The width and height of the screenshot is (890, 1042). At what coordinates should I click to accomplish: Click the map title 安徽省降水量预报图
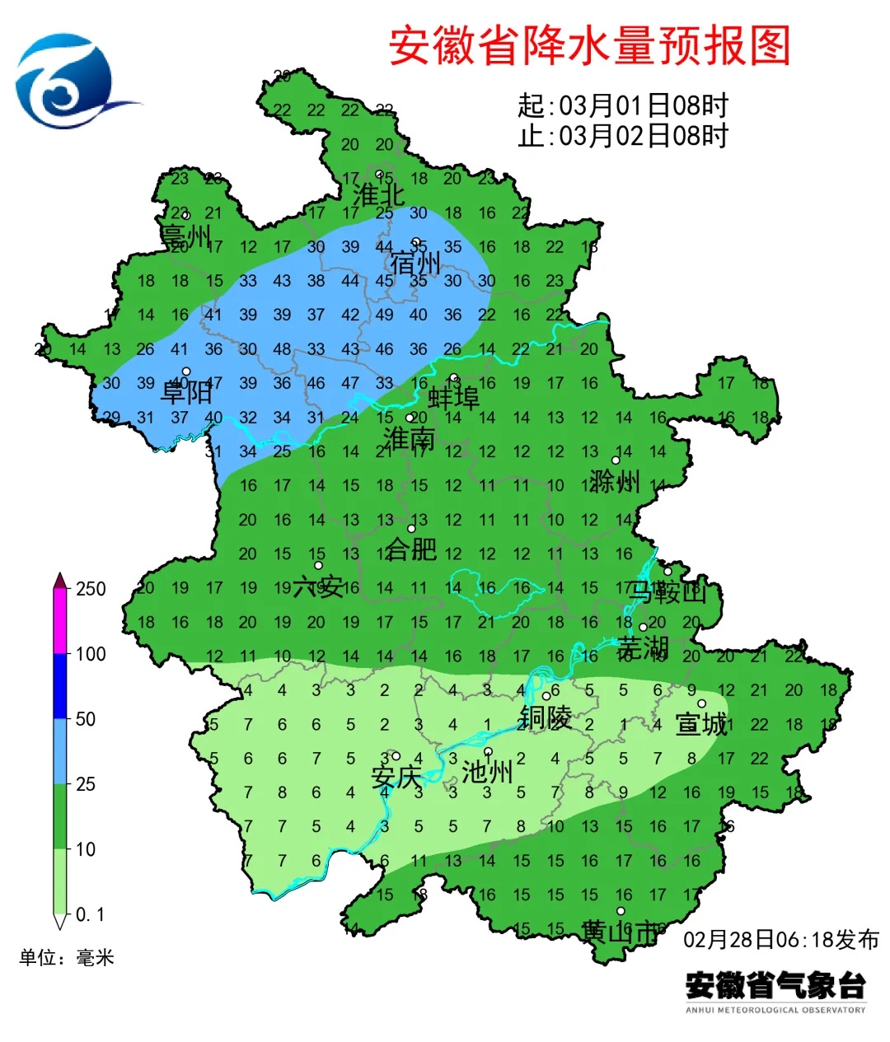pos(589,45)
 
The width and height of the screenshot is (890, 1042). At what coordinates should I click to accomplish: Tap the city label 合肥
pos(411,549)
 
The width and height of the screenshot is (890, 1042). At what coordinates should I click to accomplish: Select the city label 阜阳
pos(186,392)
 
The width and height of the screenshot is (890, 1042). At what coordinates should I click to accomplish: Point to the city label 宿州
pos(415,264)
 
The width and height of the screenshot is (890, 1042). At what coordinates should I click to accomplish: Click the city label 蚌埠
pos(454,398)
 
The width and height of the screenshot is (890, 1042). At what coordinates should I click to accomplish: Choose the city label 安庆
pos(396,777)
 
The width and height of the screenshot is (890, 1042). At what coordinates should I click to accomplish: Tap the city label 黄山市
pos(621,932)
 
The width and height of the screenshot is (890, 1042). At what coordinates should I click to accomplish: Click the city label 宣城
pos(701,724)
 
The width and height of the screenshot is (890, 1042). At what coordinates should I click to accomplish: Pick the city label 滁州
pos(615,480)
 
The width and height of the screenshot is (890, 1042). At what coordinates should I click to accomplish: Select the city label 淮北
pos(378,195)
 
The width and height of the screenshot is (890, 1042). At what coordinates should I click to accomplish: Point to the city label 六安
pos(318,586)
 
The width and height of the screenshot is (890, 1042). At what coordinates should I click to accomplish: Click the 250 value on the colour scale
pos(91,589)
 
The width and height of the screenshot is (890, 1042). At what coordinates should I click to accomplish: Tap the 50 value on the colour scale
pos(86,719)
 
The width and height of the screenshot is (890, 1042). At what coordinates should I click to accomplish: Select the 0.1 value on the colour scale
pos(90,915)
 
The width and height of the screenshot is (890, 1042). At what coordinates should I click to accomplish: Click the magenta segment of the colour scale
pos(60,622)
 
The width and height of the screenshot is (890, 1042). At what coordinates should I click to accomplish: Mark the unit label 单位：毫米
pos(67,957)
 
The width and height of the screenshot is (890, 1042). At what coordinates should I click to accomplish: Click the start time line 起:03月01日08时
pos(623,105)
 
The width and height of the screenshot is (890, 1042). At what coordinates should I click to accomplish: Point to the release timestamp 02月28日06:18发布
pos(781,939)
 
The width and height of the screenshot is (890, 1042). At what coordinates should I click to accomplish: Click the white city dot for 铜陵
pos(546,696)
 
